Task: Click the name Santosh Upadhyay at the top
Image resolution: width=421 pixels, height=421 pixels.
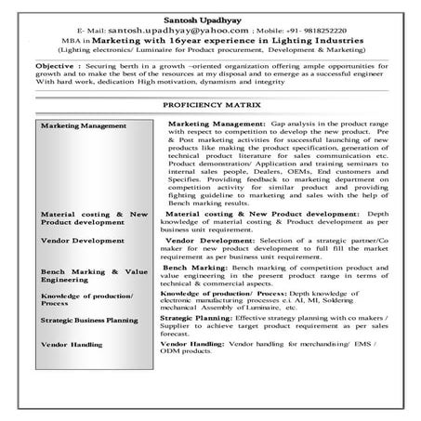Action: click(x=210, y=18)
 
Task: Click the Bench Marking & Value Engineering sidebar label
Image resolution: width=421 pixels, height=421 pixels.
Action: click(x=93, y=275)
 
